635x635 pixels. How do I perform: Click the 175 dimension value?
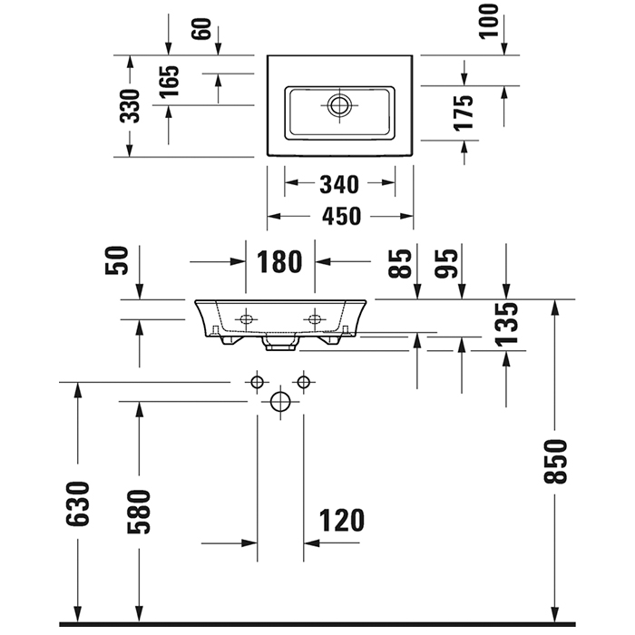(x=465, y=113)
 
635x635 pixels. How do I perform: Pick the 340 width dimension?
(x=340, y=185)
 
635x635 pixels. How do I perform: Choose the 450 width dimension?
(x=340, y=217)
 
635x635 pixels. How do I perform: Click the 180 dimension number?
(x=279, y=262)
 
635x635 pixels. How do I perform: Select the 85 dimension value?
(x=400, y=262)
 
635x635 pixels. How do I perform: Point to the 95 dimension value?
(x=445, y=262)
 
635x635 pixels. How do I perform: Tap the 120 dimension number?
(x=342, y=521)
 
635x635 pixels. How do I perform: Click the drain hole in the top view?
(x=339, y=104)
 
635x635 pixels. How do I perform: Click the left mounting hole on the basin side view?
(x=246, y=319)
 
